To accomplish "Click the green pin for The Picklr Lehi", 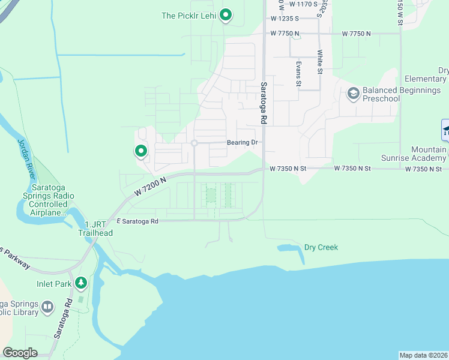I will click(x=226, y=14).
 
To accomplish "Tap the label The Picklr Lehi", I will click(x=188, y=16).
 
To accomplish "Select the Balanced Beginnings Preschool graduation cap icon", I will click(x=354, y=92).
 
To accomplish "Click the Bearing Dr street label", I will click(x=242, y=143).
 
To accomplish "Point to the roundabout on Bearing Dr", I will click(x=194, y=143).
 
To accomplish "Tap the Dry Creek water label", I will click(x=321, y=247).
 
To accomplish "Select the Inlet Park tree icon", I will click(x=80, y=283).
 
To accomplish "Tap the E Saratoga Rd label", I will click(x=137, y=221).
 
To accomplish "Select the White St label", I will click(x=321, y=62).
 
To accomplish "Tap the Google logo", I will click(x=20, y=353).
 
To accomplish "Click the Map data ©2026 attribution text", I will click(x=423, y=355).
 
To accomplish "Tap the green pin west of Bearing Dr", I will click(x=141, y=151).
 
